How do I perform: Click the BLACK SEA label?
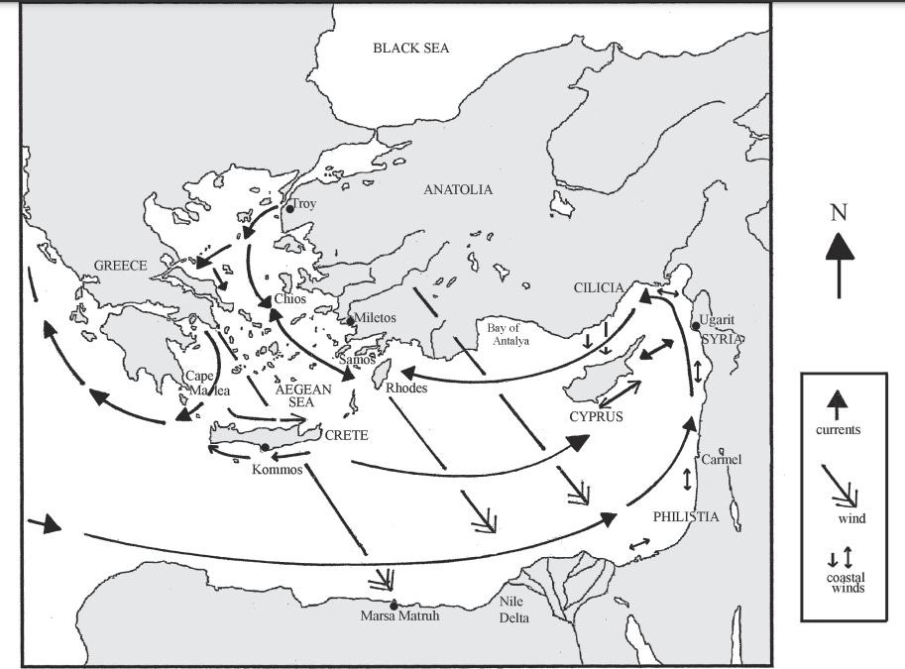pyautogui.click(x=410, y=48)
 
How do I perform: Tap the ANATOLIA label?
pyautogui.click(x=457, y=189)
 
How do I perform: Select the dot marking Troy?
pyautogui.click(x=289, y=209)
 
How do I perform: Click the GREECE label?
pyautogui.click(x=121, y=266)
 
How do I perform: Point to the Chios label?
pyautogui.click(x=289, y=297)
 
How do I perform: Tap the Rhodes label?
pyautogui.click(x=406, y=388)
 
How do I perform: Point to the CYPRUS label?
pyautogui.click(x=596, y=417)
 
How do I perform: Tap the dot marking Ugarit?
pyautogui.click(x=695, y=325)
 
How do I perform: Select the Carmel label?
pyautogui.click(x=721, y=460)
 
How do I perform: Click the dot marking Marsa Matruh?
pyautogui.click(x=394, y=605)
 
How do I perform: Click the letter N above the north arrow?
pyautogui.click(x=839, y=212)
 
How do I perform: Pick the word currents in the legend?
pyautogui.click(x=840, y=430)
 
